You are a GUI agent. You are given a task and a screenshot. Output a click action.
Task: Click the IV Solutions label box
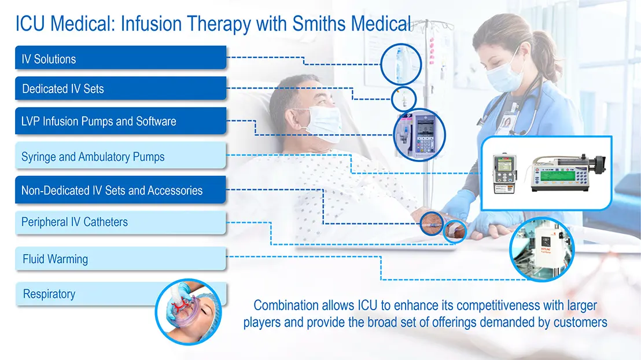(x=120, y=58)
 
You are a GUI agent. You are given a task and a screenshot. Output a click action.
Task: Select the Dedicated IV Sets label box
(x=120, y=89)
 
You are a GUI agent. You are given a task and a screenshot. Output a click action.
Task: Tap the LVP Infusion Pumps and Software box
(x=120, y=122)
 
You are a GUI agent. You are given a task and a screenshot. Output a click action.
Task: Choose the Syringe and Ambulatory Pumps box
(x=120, y=156)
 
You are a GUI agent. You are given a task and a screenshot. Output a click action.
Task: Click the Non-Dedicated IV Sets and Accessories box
(x=120, y=190)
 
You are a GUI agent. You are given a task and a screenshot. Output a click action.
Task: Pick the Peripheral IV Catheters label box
(x=120, y=222)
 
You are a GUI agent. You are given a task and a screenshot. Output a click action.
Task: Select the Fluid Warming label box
(x=120, y=259)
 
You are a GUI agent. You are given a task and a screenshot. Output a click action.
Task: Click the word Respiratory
(x=49, y=294)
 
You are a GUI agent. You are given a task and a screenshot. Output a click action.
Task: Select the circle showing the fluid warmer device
(x=541, y=249)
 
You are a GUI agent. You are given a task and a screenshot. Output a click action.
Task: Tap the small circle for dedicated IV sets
(x=401, y=98)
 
